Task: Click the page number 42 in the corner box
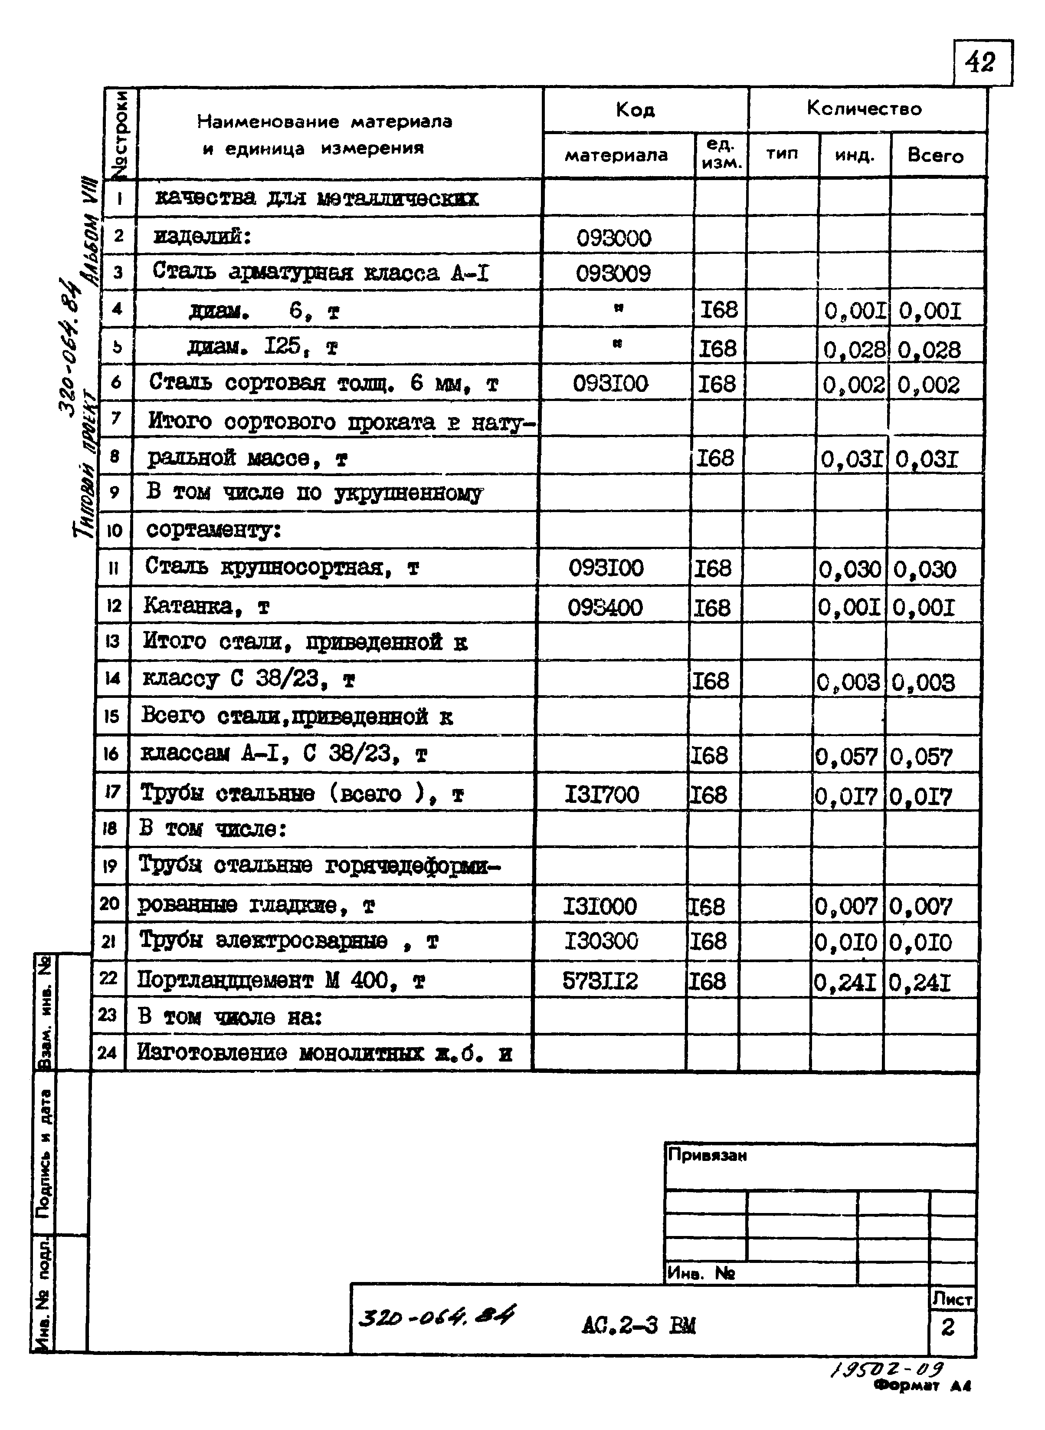[981, 62]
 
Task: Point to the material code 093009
[613, 273]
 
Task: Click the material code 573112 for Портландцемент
[600, 981]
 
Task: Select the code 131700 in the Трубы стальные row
[602, 794]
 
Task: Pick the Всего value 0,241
[920, 982]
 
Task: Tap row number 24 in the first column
[108, 1052]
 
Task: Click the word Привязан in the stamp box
[707, 1155]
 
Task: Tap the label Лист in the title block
[952, 1299]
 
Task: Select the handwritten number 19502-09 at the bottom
[887, 1369]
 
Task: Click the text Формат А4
[922, 1386]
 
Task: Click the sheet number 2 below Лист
[947, 1327]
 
